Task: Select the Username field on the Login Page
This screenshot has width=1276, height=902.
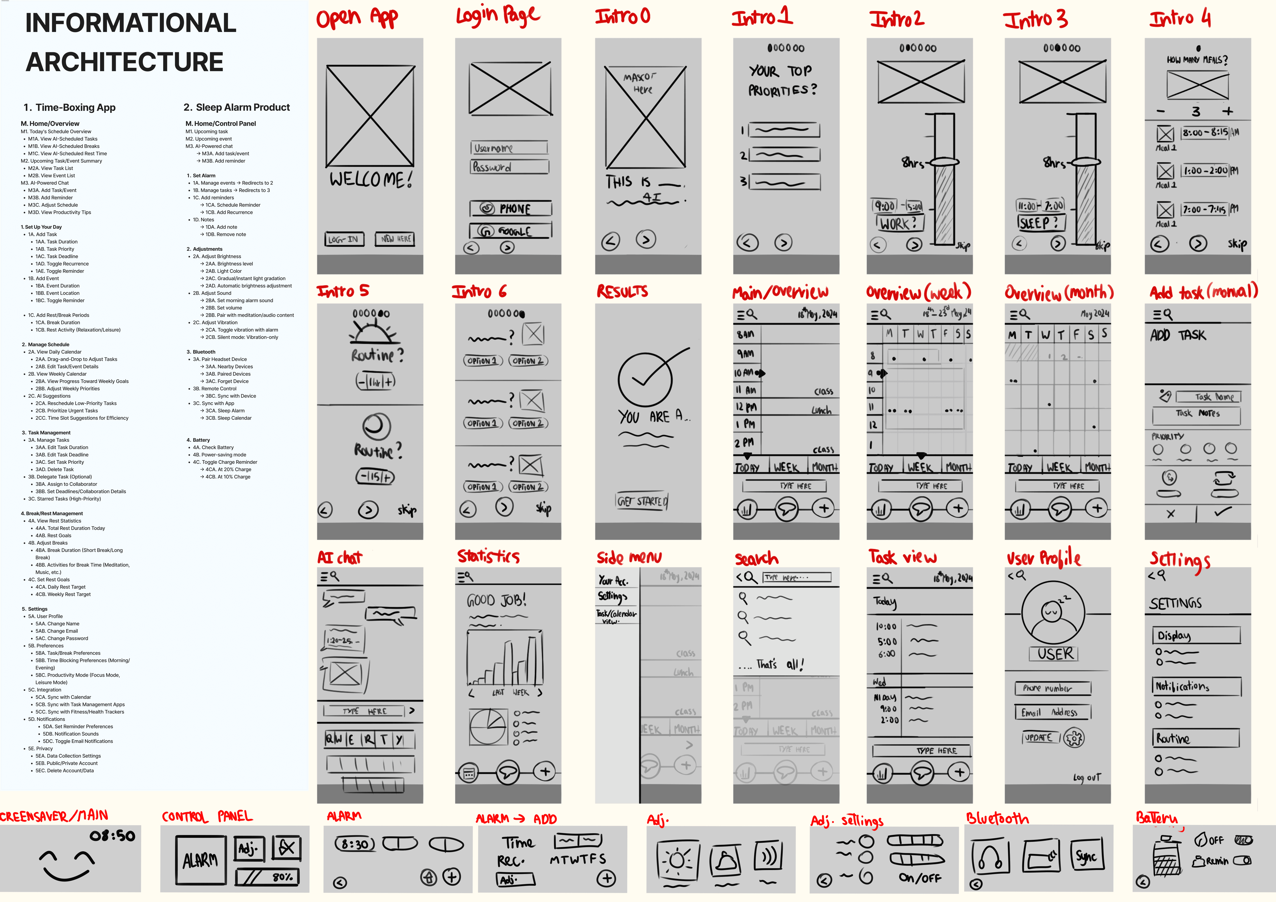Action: click(x=508, y=148)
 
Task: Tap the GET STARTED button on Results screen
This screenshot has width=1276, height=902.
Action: click(x=642, y=501)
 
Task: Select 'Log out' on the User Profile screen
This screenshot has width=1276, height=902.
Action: click(x=1087, y=778)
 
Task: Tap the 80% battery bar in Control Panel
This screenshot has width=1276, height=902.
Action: click(x=267, y=877)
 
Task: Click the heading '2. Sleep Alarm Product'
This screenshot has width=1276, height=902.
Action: click(x=237, y=107)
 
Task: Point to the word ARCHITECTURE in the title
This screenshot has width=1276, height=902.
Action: click(x=125, y=62)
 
